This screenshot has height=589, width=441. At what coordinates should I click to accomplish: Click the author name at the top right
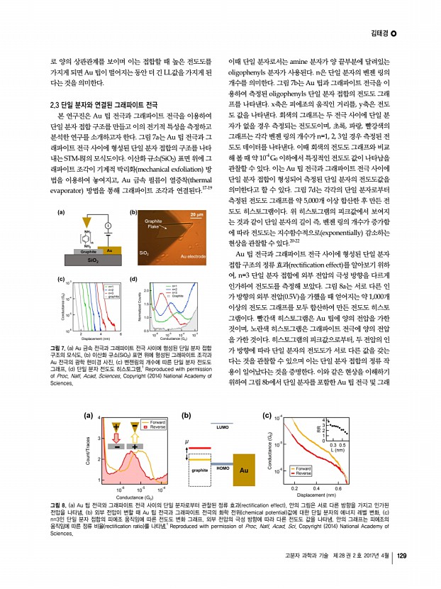(384, 33)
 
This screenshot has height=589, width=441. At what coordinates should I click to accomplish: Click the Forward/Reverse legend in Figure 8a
(154, 404)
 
